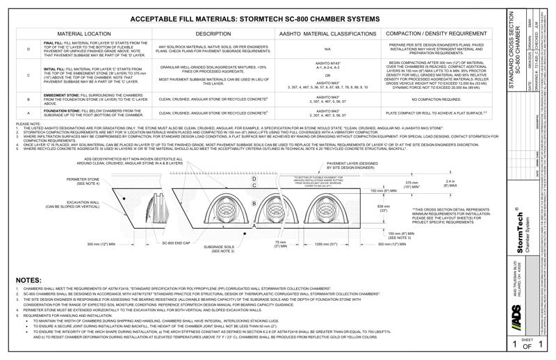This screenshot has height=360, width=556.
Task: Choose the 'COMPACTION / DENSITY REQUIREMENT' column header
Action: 436,33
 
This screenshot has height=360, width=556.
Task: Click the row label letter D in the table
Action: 28,50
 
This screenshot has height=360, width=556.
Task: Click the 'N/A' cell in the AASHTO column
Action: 327,50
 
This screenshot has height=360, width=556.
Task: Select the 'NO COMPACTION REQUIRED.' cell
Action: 436,99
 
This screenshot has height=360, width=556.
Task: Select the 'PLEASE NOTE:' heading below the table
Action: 27,124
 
